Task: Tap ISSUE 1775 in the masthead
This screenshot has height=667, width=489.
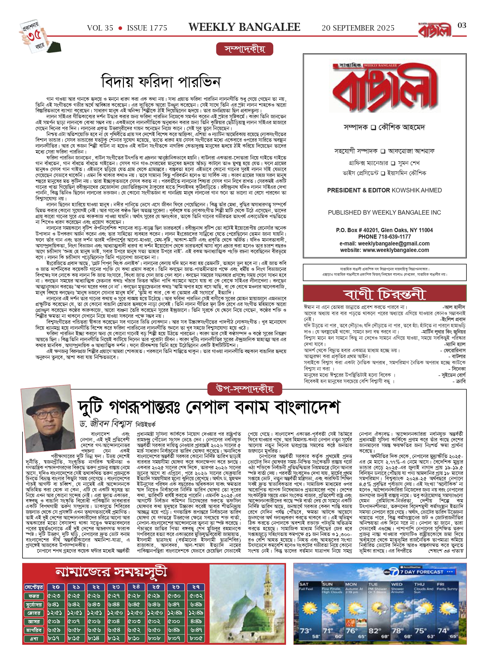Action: pos(147,28)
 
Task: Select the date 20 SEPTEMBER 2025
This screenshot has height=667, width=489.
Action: pos(358,28)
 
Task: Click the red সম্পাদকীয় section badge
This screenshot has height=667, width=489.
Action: pos(245,49)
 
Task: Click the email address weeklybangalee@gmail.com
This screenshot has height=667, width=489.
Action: pos(394,243)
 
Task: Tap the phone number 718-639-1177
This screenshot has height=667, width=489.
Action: pos(394,237)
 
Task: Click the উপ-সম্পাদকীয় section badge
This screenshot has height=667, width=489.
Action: pos(245,389)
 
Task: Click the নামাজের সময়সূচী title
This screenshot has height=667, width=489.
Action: pos(111,572)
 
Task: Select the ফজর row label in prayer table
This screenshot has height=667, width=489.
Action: pos(34,596)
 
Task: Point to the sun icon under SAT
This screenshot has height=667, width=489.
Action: pos(309,609)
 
